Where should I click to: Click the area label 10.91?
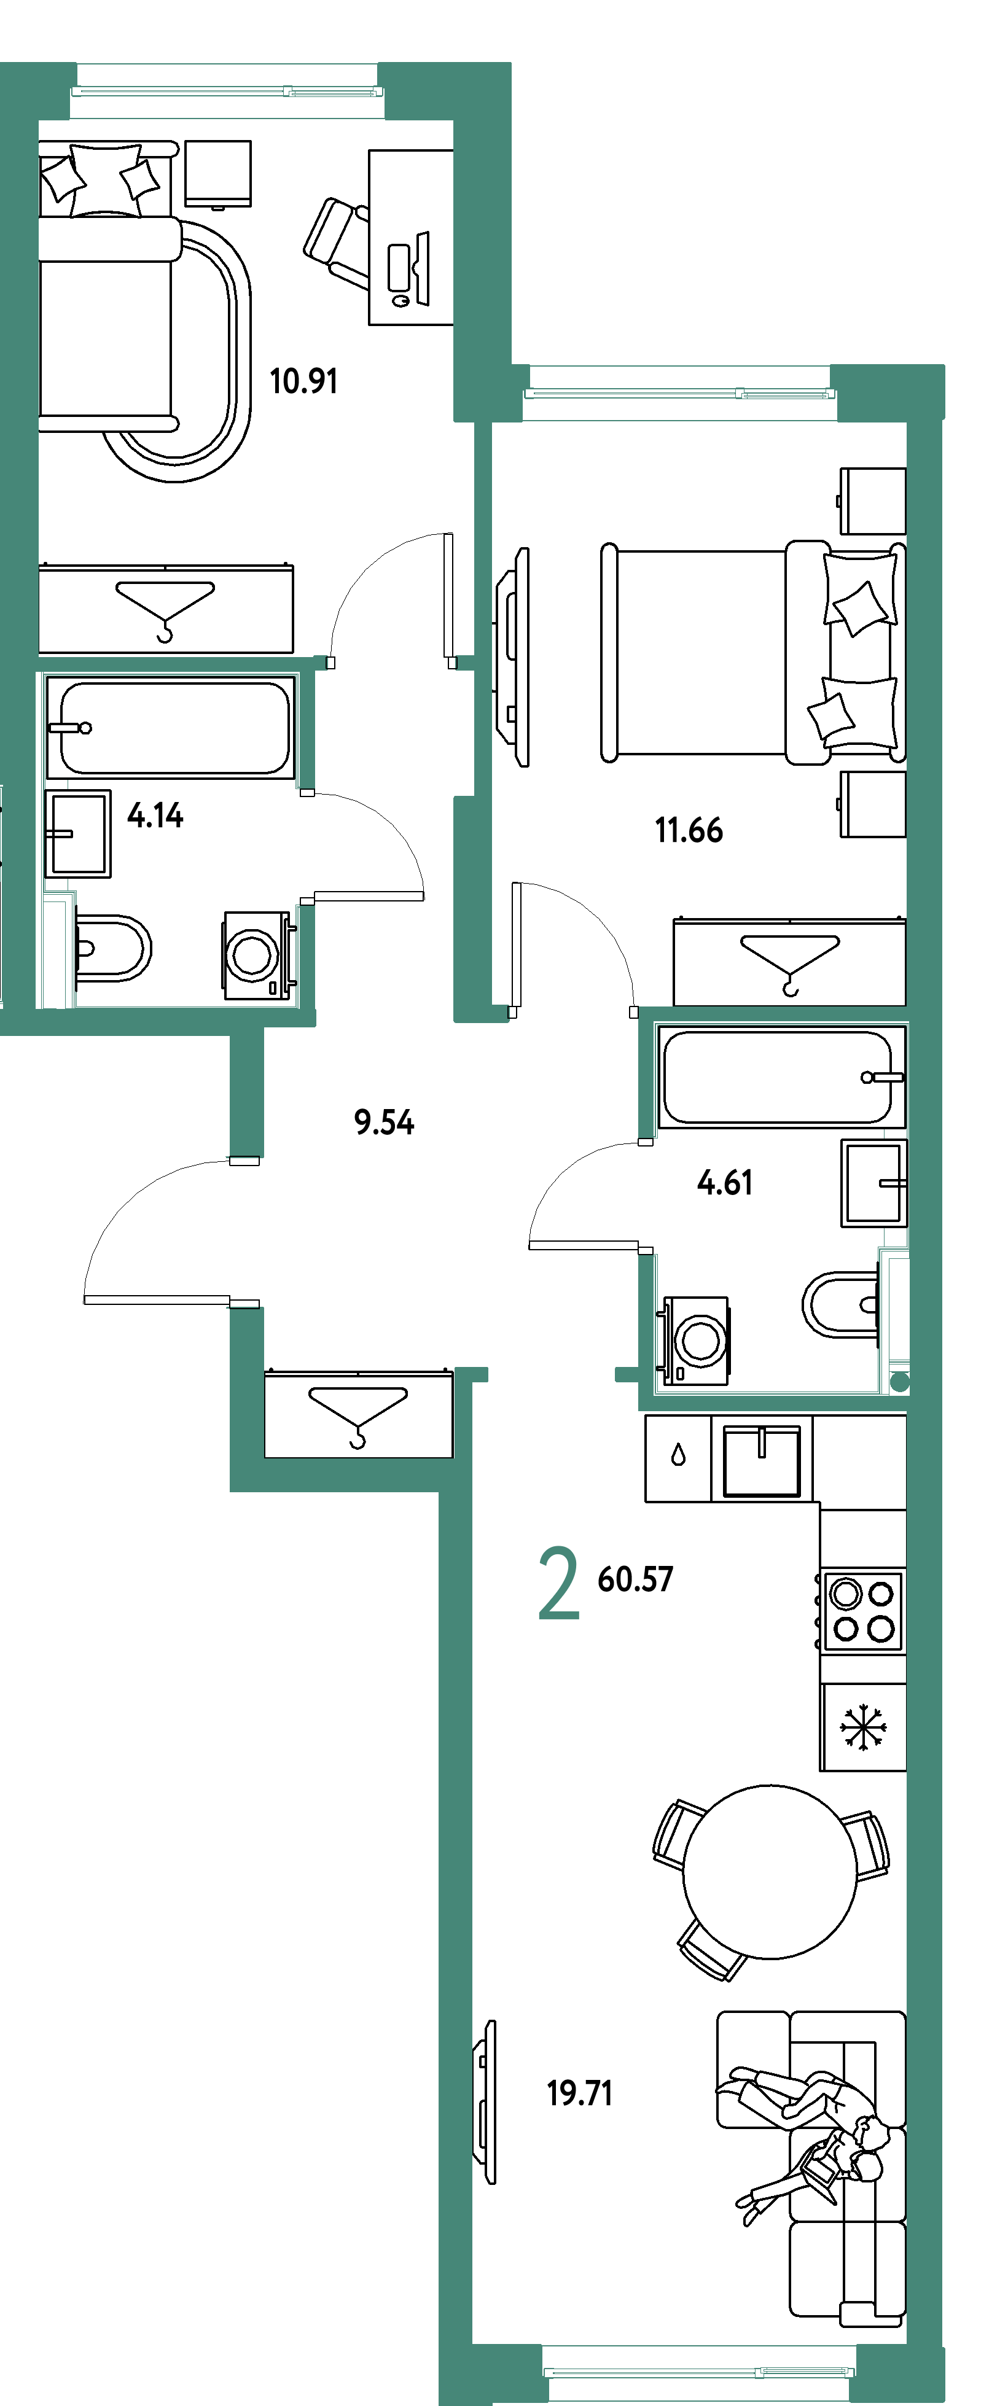click(x=303, y=381)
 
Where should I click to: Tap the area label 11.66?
click(x=689, y=830)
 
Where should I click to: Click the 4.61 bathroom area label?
click(x=725, y=1183)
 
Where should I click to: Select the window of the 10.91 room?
click(x=227, y=91)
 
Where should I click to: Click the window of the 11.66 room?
click(x=679, y=393)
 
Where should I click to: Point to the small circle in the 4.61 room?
click(x=900, y=1384)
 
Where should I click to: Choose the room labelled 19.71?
click(x=691, y=1868)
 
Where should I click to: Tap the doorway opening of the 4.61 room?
click(x=646, y=1196)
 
